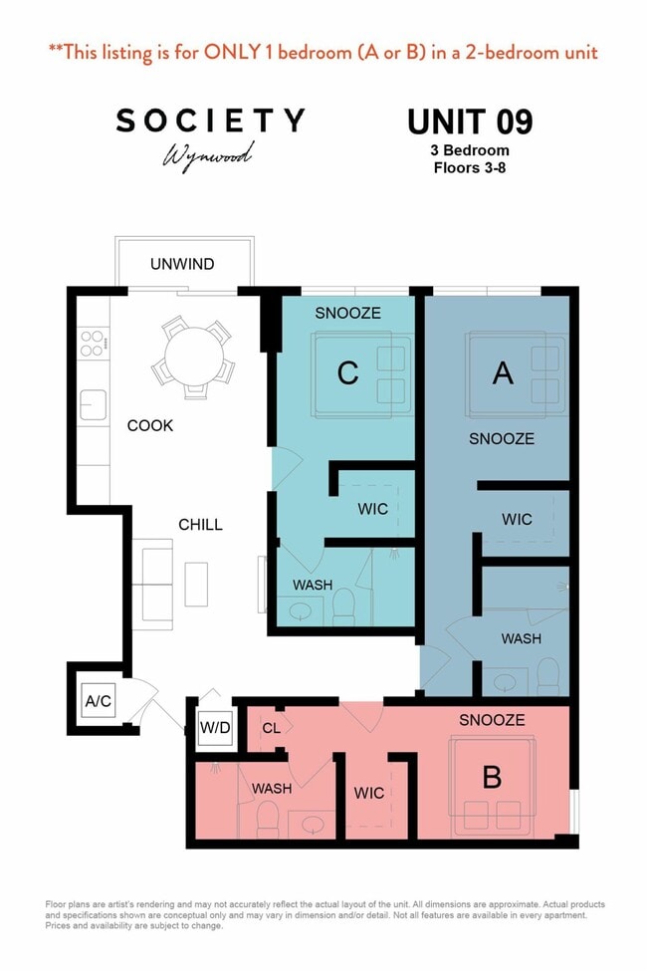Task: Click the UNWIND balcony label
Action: pyautogui.click(x=182, y=264)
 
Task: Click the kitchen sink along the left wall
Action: pyautogui.click(x=93, y=405)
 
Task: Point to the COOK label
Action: pyautogui.click(x=150, y=425)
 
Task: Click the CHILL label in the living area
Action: pyautogui.click(x=200, y=525)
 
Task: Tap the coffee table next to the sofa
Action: pyautogui.click(x=196, y=584)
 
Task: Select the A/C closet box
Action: pyautogui.click(x=99, y=701)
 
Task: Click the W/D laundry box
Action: pyautogui.click(x=215, y=727)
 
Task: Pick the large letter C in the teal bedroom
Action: pyautogui.click(x=347, y=372)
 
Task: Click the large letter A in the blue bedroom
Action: pyautogui.click(x=503, y=372)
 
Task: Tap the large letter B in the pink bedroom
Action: pyautogui.click(x=492, y=777)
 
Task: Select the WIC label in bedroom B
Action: pyautogui.click(x=369, y=793)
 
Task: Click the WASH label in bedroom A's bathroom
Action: pyautogui.click(x=521, y=638)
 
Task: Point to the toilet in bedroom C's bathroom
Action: pyautogui.click(x=343, y=607)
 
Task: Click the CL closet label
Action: pyautogui.click(x=271, y=728)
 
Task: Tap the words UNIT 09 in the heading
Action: pyautogui.click(x=470, y=121)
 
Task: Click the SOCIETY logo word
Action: pyautogui.click(x=210, y=121)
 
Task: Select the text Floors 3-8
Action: pyautogui.click(x=469, y=168)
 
